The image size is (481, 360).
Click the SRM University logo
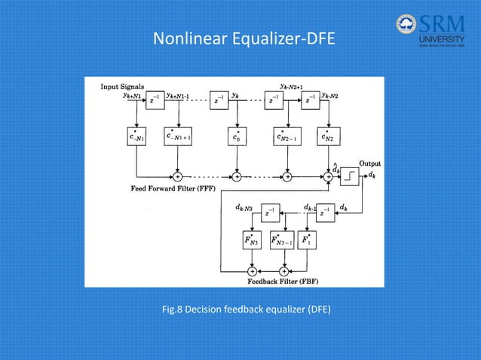coord(430,31)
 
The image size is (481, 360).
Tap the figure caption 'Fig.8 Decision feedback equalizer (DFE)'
coord(240,310)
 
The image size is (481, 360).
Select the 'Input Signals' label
coord(124,87)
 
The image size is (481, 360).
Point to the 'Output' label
coord(369,163)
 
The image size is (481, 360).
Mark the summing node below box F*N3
coord(252,270)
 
